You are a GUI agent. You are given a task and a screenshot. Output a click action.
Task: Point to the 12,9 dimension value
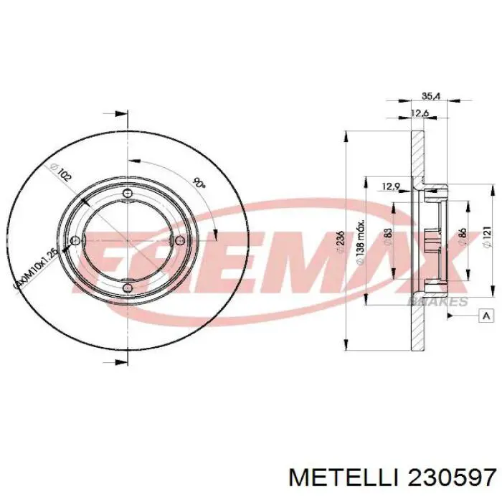390,186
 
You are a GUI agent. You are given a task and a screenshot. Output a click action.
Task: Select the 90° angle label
199,183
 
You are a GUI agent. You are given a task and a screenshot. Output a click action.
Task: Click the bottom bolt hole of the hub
127,288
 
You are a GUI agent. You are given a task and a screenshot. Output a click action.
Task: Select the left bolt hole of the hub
75,241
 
